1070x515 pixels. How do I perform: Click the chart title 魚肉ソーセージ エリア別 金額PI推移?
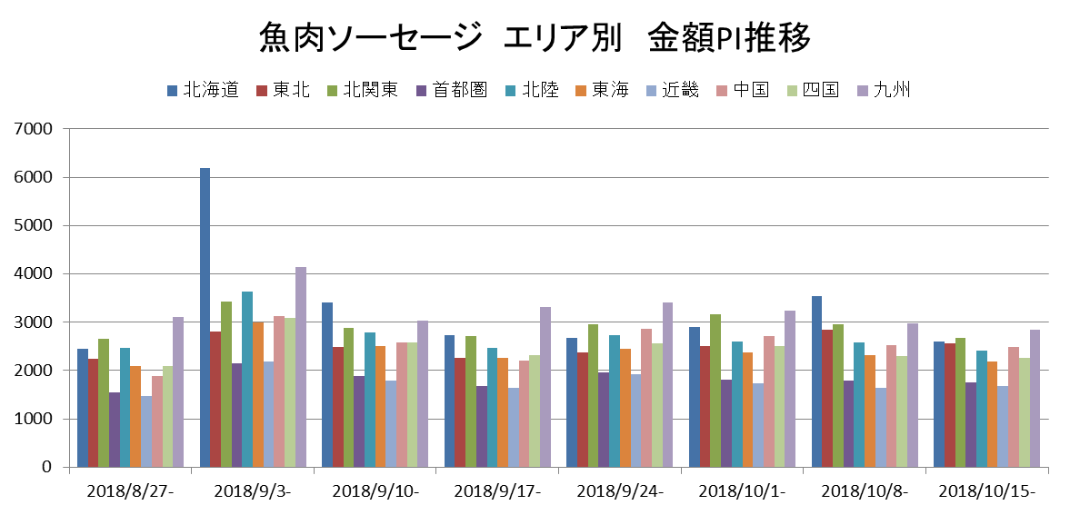click(x=535, y=38)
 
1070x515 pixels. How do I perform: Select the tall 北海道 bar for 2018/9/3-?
click(x=205, y=318)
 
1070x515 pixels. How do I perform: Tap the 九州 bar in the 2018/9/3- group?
click(x=300, y=367)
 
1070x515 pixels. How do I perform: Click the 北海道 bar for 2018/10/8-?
click(x=816, y=381)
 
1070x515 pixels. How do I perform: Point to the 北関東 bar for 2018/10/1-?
click(x=715, y=391)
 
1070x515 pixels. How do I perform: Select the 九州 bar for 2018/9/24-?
click(x=668, y=385)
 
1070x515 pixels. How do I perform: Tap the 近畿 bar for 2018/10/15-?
click(x=1003, y=427)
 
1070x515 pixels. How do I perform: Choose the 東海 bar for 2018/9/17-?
click(x=503, y=412)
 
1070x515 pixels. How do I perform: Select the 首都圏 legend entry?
click(x=452, y=90)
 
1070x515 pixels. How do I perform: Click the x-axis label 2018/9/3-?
click(x=252, y=491)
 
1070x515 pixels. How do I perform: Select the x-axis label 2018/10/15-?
click(x=986, y=491)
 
